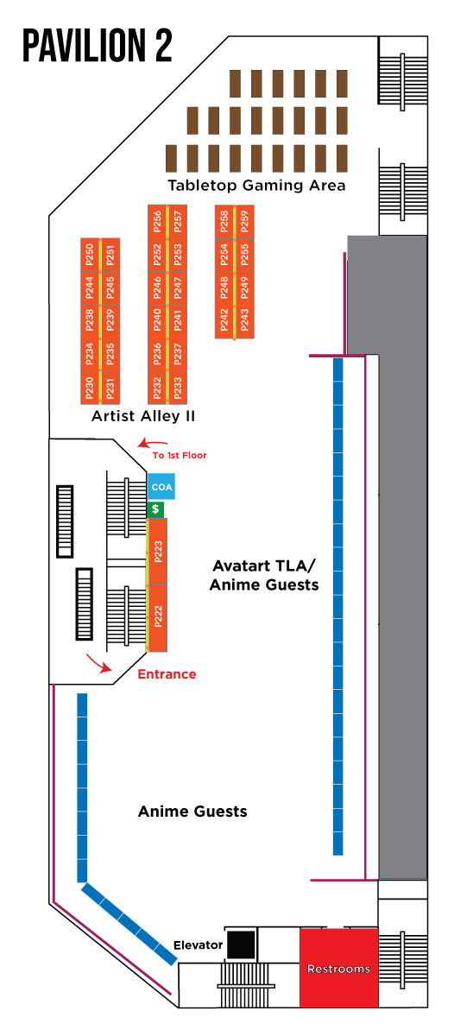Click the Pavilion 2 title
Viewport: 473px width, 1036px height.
click(x=98, y=45)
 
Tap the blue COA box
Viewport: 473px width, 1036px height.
click(x=161, y=486)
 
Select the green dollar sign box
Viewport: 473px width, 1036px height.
click(x=155, y=509)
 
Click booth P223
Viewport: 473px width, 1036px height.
click(x=158, y=552)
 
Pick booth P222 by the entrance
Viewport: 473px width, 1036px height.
click(x=158, y=617)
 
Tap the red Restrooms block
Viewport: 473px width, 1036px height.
click(x=339, y=967)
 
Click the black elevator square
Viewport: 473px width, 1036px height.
click(x=243, y=944)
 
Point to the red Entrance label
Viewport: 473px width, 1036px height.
click(x=167, y=674)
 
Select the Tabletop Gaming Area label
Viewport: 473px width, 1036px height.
click(x=256, y=186)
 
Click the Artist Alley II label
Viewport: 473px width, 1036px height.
click(x=143, y=416)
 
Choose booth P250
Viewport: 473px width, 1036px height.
click(x=90, y=255)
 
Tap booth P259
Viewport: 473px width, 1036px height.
click(x=245, y=221)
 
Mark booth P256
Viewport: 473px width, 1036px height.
click(x=157, y=221)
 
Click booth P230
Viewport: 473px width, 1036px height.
click(x=90, y=388)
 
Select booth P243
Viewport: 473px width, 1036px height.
click(x=245, y=320)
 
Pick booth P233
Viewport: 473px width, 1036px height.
click(x=178, y=388)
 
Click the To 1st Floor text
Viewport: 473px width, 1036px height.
click(x=180, y=455)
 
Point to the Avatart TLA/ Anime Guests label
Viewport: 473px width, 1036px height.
click(x=264, y=575)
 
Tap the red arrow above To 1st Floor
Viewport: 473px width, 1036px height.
click(x=152, y=444)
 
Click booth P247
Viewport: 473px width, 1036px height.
click(x=178, y=287)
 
